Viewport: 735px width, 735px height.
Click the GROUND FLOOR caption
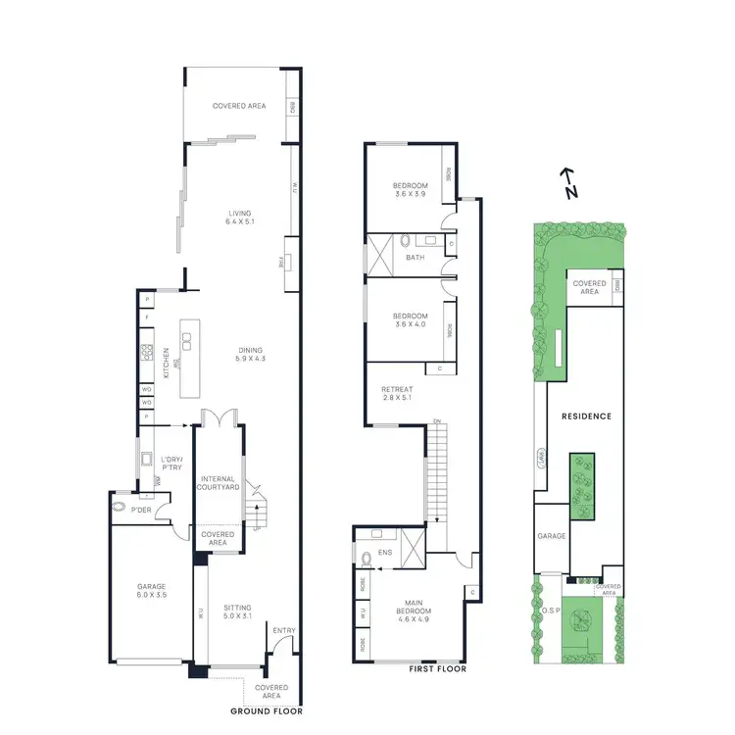[266, 710]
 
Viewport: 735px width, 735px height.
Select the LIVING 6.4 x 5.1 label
[240, 218]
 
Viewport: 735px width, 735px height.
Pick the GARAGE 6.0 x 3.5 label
[152, 591]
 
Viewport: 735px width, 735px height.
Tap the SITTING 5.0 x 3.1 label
[237, 612]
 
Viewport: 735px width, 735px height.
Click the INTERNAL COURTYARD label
[220, 483]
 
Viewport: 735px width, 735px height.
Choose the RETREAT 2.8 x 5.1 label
[398, 396]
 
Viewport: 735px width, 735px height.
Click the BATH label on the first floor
[415, 258]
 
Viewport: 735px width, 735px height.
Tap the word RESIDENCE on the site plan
[587, 416]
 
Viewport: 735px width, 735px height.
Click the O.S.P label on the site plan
[549, 612]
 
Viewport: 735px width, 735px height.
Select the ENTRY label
[284, 631]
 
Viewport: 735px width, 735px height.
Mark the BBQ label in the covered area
[293, 107]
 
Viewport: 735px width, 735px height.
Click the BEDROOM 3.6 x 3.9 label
[411, 190]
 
